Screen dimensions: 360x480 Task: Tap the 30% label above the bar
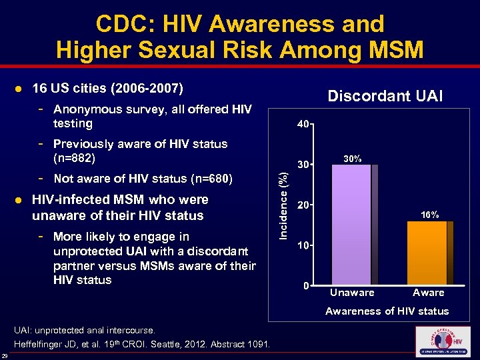tap(353, 159)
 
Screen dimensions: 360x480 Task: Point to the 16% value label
tap(429, 215)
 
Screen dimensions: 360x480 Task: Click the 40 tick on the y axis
tap(303, 124)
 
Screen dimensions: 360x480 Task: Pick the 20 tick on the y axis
tap(303, 205)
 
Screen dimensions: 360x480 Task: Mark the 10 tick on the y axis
tap(303, 246)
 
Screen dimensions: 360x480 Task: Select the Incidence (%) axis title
tap(283, 205)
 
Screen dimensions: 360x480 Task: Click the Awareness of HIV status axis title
tap(387, 311)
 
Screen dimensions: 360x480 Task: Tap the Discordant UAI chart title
tap(385, 96)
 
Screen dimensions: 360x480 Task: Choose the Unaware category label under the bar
tap(352, 293)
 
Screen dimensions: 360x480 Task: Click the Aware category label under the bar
tap(428, 293)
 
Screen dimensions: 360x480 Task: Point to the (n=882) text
tap(75, 159)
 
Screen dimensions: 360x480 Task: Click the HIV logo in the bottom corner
tap(442, 341)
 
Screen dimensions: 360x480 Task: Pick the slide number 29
tap(5, 355)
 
